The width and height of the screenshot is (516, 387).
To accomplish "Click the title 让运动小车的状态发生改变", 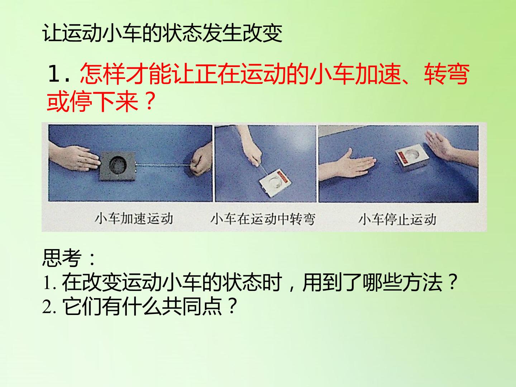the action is (162, 33).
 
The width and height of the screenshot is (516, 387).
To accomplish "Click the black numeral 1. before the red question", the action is (59, 74).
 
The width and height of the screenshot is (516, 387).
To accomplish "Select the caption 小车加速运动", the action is (134, 219).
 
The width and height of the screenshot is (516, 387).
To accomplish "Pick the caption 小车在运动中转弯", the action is (263, 219).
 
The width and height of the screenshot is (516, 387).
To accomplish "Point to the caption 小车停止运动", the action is (397, 219).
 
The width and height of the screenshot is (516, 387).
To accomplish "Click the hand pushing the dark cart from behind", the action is (75, 157).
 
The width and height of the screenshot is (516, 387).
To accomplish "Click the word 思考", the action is (62, 258).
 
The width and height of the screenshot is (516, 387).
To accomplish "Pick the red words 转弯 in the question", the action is (447, 74).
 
